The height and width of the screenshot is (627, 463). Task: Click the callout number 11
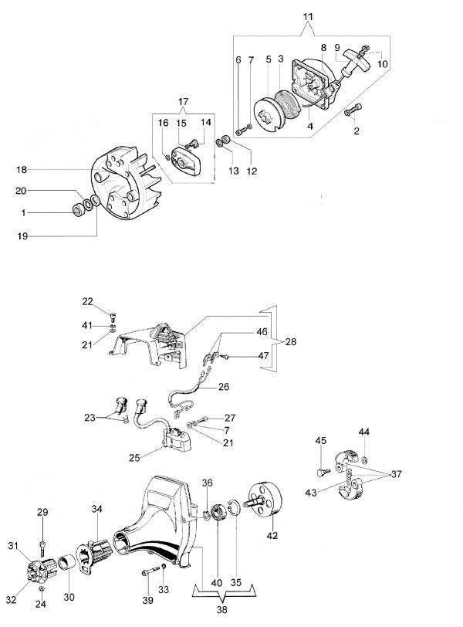[x=308, y=16]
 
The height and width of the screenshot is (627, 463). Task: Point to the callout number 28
[x=289, y=341]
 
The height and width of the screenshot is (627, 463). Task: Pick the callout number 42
[x=272, y=535]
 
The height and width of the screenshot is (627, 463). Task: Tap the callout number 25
[x=135, y=458]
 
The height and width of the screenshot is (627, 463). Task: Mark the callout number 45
[x=320, y=440]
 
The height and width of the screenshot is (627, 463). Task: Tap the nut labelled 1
[x=77, y=210]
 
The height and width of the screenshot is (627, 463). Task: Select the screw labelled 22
[x=113, y=314]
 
